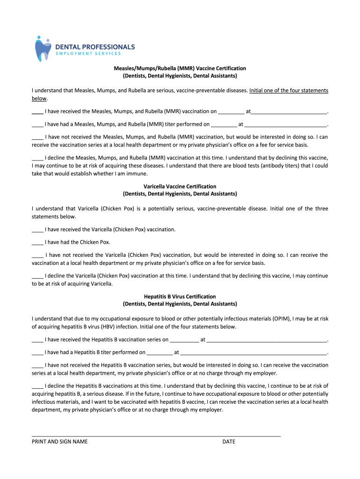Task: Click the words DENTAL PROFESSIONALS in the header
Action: [95, 47]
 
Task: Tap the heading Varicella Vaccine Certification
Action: [180, 186]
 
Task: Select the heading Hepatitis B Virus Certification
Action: [180, 297]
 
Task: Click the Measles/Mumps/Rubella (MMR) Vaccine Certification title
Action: [180, 68]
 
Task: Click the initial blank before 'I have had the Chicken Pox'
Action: [37, 243]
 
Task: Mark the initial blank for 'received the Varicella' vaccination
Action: [37, 231]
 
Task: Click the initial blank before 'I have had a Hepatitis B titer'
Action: [37, 353]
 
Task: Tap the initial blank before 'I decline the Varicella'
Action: [37, 277]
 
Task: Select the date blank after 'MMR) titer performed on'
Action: [224, 125]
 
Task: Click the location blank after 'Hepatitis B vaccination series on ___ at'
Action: [266, 341]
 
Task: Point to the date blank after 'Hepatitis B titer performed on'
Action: [159, 353]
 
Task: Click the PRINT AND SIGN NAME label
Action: [59, 442]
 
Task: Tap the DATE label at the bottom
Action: [229, 442]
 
